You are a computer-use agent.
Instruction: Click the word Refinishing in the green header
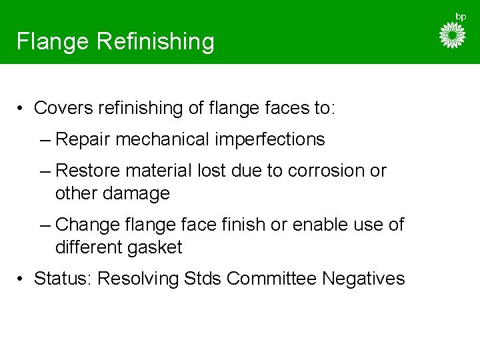coord(156,42)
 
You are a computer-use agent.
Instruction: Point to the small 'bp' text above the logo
coord(460,16)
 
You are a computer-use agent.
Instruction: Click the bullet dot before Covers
coord(22,108)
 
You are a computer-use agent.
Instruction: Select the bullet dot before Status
coord(22,278)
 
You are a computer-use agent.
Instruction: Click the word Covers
coord(63,107)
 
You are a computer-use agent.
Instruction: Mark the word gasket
coord(152,247)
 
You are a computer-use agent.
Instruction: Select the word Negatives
coord(363,278)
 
